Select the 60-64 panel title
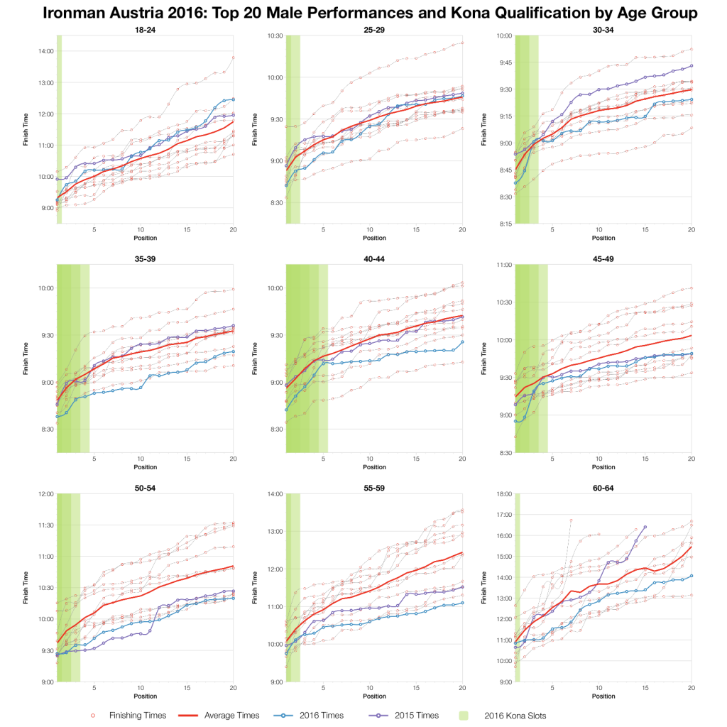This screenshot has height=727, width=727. [x=603, y=488]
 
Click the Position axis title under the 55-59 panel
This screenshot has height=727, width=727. [x=374, y=696]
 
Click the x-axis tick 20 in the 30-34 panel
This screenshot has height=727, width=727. [x=692, y=229]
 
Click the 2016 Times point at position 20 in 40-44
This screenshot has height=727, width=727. [x=462, y=341]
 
